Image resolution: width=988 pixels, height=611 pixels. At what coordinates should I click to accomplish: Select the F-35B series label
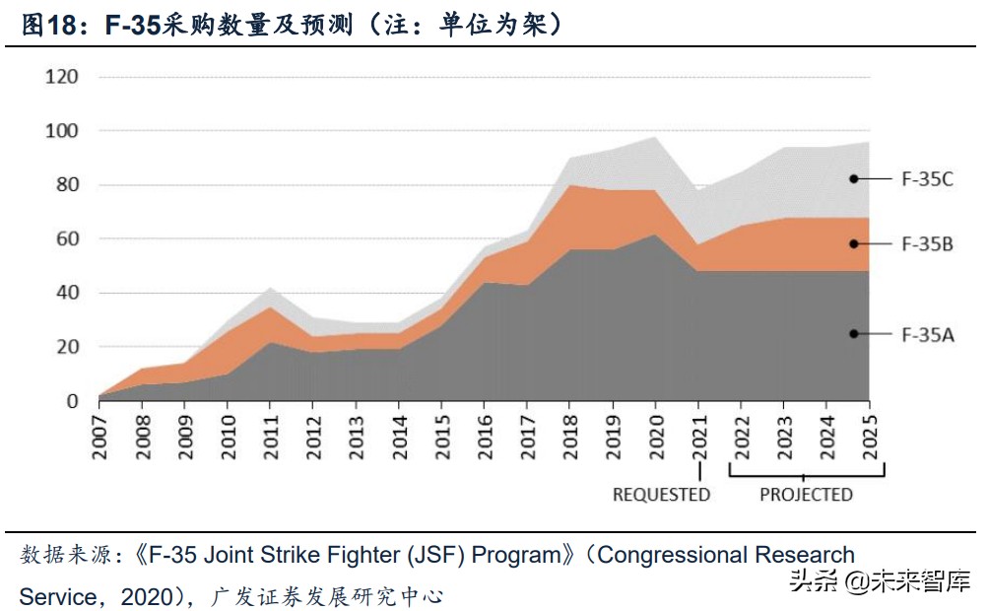(x=928, y=243)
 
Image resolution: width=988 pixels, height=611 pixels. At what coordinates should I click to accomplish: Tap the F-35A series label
(x=928, y=334)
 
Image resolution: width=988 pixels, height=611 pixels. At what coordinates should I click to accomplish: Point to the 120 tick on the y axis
(x=61, y=77)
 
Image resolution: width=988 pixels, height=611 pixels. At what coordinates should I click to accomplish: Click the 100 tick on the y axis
(x=61, y=131)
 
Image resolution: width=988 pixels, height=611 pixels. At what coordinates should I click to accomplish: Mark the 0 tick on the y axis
(x=72, y=401)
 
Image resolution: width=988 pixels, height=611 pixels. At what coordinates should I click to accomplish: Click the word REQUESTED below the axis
(x=661, y=494)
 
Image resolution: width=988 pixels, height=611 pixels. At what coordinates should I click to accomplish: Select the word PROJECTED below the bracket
(x=806, y=494)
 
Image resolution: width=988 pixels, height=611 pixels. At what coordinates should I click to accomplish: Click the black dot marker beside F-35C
(x=854, y=178)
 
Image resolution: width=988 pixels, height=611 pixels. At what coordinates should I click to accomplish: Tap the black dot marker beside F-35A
(x=854, y=334)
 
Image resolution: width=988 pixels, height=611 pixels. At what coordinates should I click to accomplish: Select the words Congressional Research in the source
(x=726, y=555)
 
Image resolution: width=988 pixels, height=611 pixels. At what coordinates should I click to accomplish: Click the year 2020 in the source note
(x=146, y=597)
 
